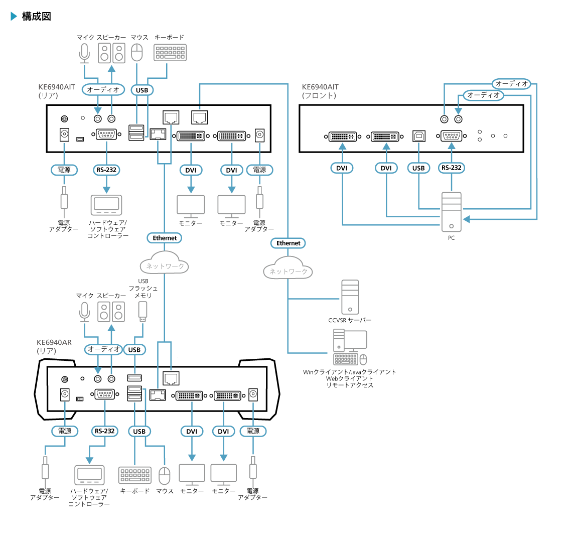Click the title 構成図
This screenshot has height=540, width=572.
pos(37,17)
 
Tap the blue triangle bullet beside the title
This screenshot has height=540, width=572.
pos(14,17)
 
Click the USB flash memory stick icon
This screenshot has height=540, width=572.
pos(143,311)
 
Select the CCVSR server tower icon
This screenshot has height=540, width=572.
pos(350,297)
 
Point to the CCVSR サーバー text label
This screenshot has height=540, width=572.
pos(350,320)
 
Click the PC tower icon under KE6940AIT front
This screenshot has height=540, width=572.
pos(451,211)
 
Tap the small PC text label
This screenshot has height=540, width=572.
pos(451,238)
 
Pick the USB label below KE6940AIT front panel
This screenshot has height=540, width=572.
pos(418,168)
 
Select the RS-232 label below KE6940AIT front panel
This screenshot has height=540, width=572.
pos(451,168)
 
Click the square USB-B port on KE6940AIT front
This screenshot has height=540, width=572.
pos(418,136)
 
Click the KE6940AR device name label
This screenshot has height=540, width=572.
pos(54,343)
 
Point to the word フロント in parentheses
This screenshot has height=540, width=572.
pos(319,95)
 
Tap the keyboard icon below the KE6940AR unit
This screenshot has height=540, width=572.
pos(134,475)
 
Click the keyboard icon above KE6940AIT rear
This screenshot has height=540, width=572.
pos(170,53)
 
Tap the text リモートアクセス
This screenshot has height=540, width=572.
pos(350,385)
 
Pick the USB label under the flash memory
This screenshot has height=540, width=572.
pos(134,350)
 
